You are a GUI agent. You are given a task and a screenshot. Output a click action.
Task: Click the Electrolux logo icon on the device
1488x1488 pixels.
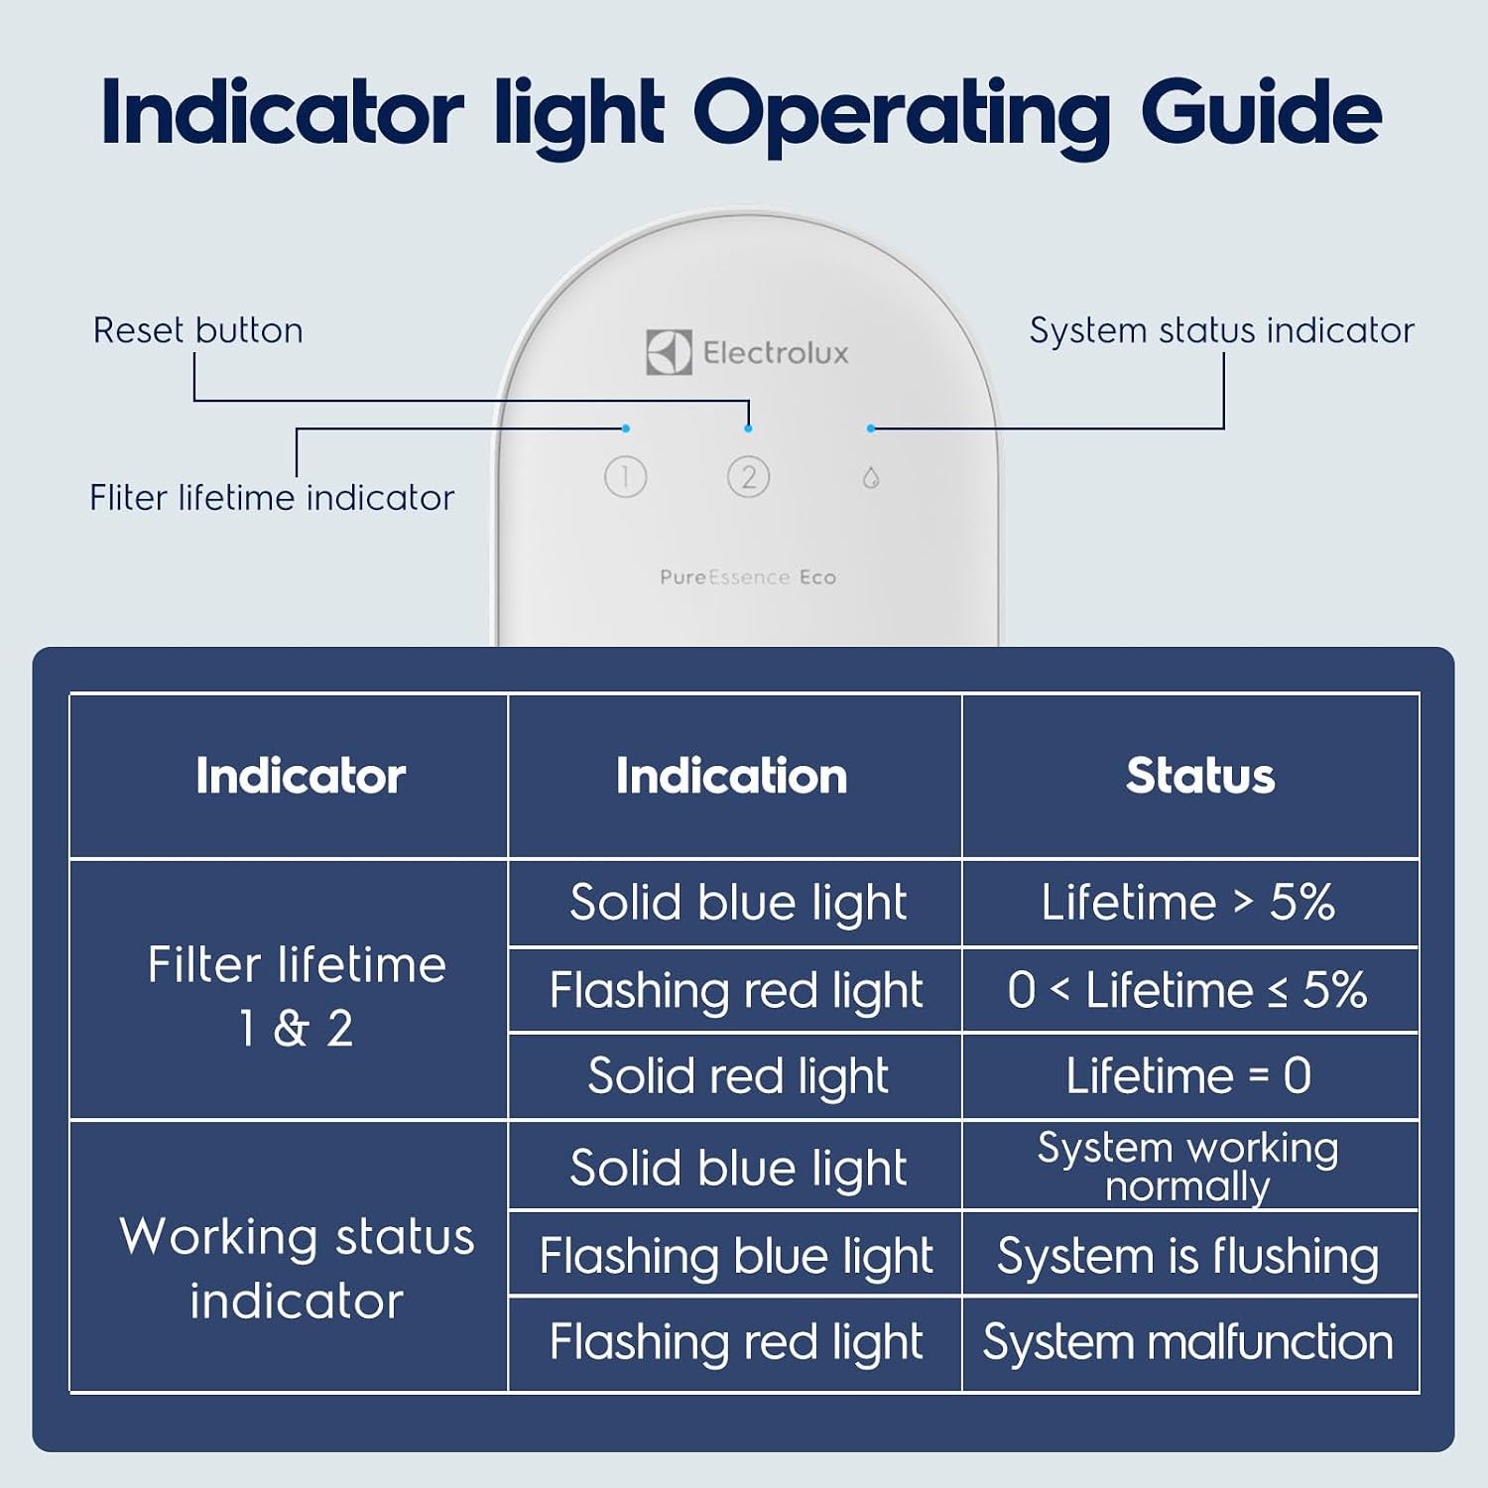[x=669, y=352]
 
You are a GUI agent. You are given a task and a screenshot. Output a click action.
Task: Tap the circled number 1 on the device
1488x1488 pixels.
[x=625, y=477]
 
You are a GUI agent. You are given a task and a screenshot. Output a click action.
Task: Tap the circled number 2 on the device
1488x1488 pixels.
[x=748, y=477]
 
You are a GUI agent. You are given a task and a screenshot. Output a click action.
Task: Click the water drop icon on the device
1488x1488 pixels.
[x=871, y=478]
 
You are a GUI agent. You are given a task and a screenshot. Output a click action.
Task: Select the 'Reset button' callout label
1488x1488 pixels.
[x=198, y=330]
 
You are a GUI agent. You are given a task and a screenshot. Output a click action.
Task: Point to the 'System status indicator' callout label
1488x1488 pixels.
[x=1222, y=330]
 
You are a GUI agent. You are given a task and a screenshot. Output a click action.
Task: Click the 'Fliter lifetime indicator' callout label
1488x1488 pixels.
[x=272, y=497]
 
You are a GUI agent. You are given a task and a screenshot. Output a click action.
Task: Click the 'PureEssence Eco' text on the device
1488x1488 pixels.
[x=748, y=577]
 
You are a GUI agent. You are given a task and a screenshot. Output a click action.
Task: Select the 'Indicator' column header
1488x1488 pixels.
[x=301, y=776]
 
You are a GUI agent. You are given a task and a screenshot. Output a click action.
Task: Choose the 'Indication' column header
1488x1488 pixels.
[x=732, y=776]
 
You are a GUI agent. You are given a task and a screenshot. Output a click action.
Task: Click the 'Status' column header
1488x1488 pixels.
[x=1200, y=776]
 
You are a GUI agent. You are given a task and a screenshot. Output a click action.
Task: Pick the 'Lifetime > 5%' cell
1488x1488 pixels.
[x=1188, y=903]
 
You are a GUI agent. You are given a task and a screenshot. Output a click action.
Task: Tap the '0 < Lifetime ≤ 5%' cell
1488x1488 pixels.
[x=1188, y=990]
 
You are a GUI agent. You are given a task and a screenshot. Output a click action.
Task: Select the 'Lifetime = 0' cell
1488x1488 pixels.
[x=1188, y=1076]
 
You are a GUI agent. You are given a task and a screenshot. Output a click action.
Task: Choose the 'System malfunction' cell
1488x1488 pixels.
[x=1188, y=1342]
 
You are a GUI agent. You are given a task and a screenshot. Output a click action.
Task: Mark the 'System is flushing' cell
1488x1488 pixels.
[x=1188, y=1257]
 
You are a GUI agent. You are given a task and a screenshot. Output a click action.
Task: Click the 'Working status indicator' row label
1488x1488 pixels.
[x=297, y=1269]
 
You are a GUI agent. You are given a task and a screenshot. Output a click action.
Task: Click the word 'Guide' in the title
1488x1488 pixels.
[x=1261, y=111]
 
